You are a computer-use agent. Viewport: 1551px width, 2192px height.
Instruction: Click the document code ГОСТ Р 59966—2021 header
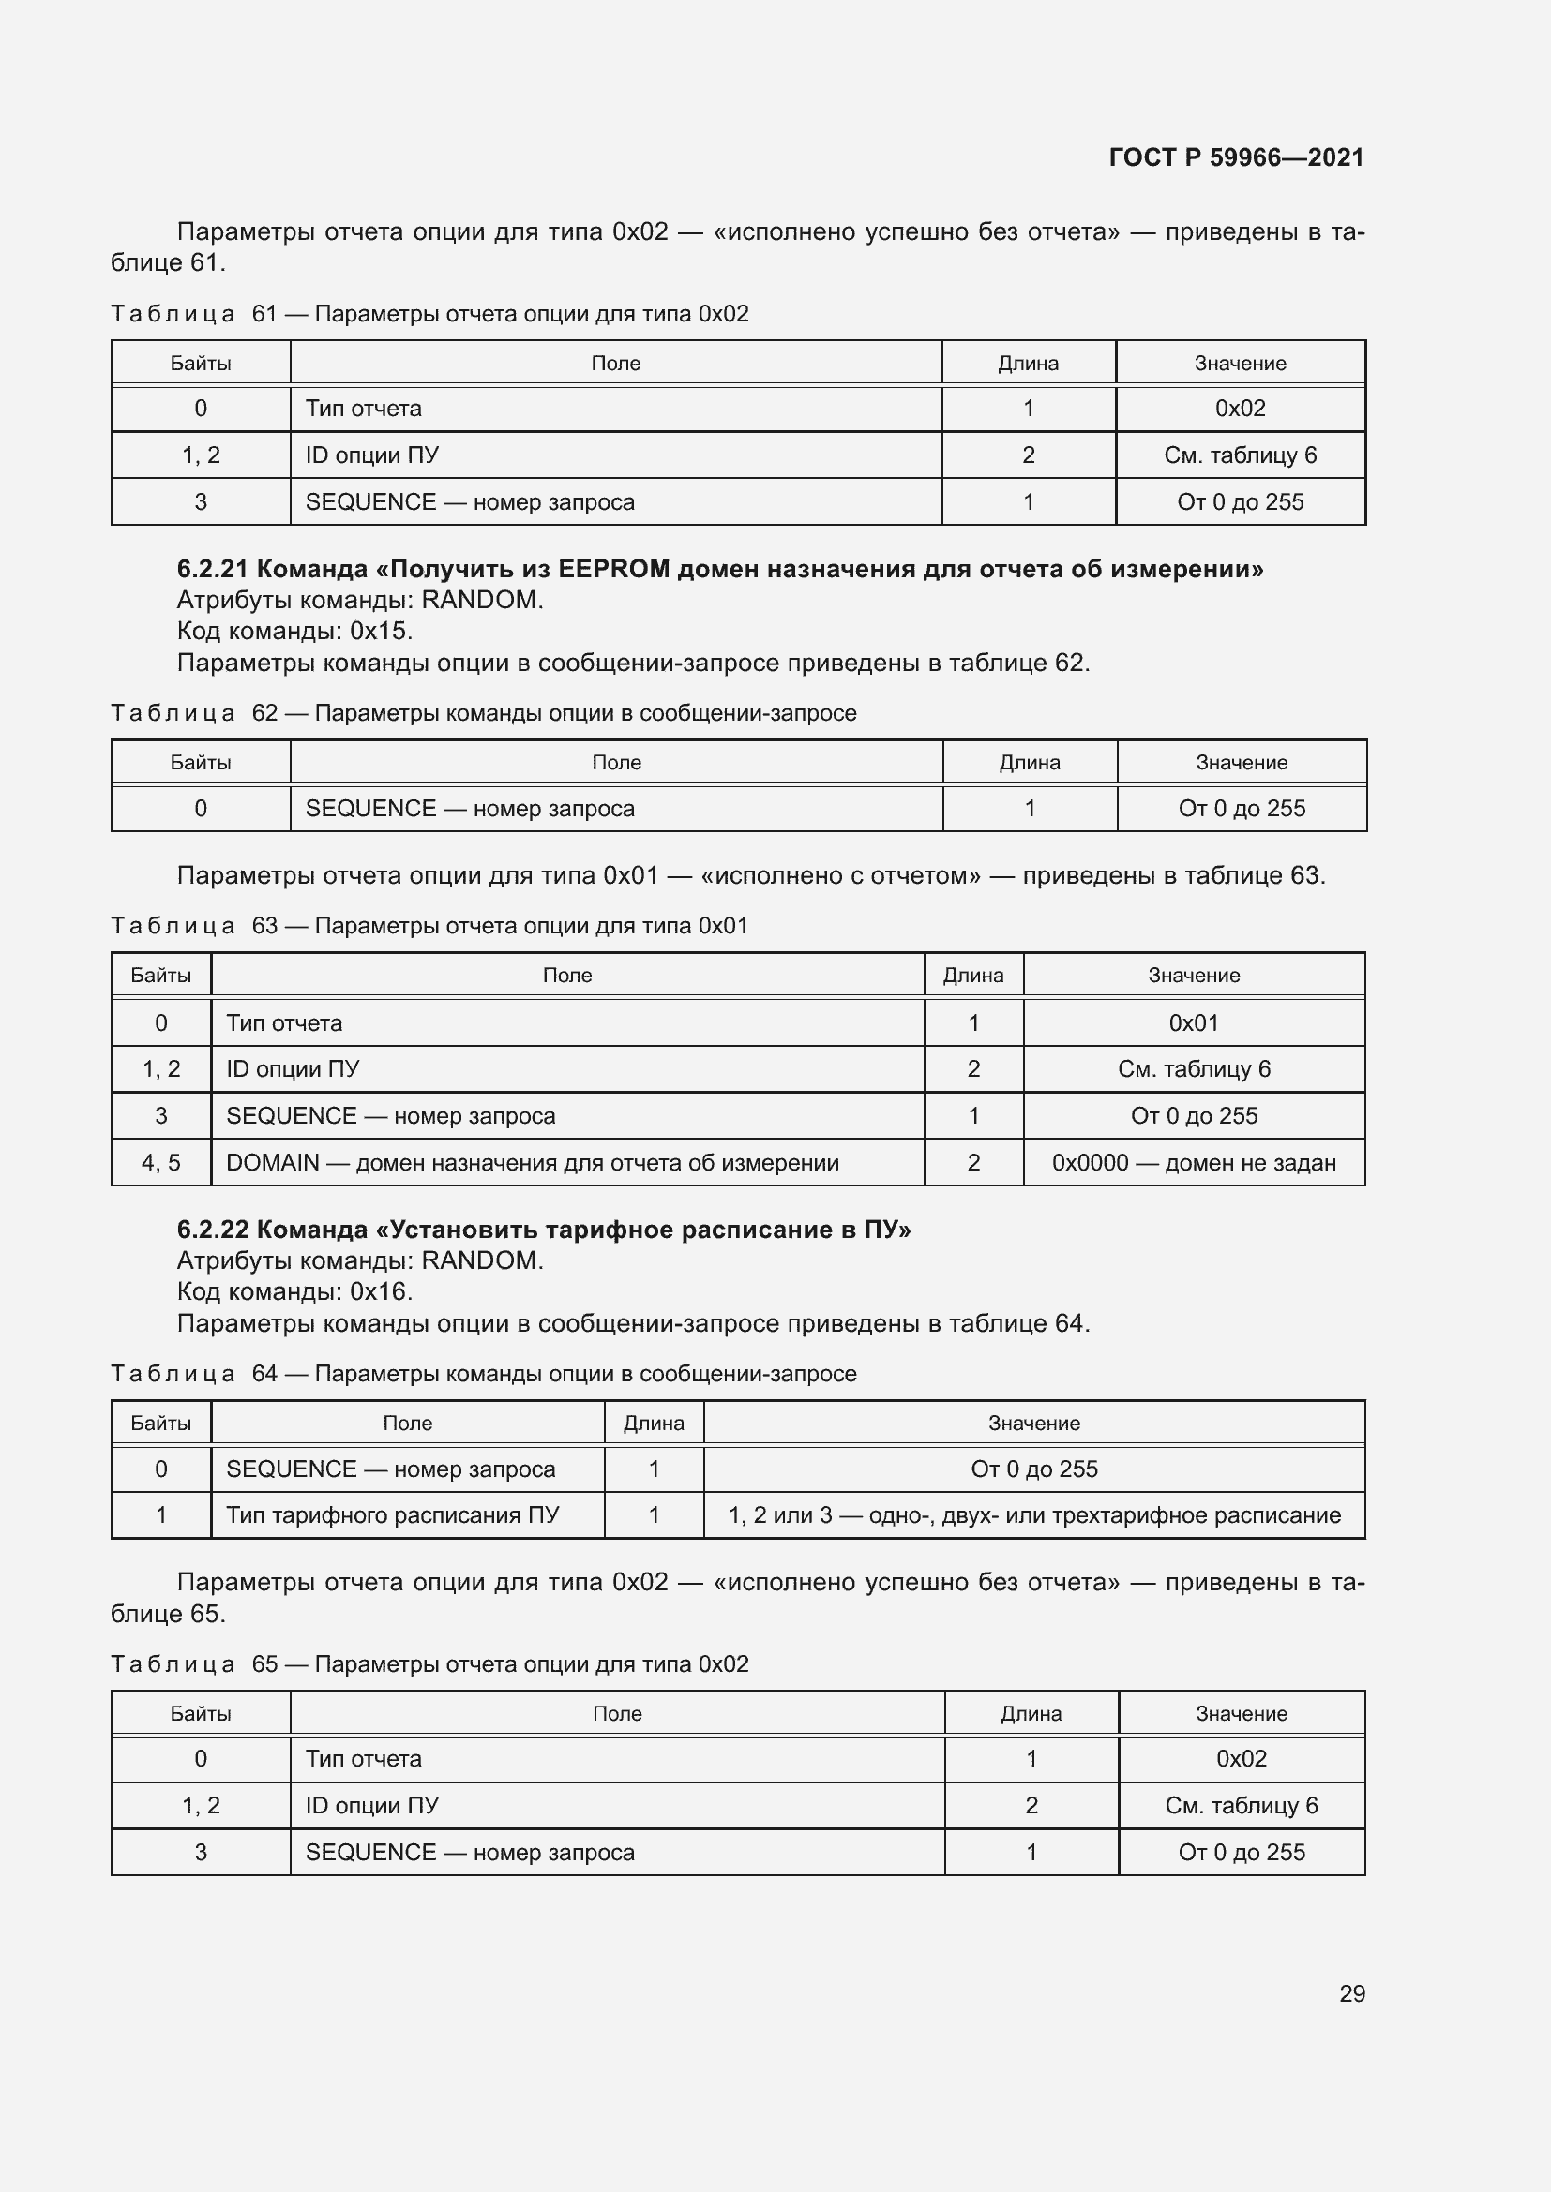pos(1236,157)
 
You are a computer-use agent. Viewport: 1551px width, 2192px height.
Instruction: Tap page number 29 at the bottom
pos(1351,1993)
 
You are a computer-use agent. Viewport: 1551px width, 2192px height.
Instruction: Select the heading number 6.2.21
pos(212,569)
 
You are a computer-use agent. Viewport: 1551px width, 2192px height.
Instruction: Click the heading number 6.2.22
pos(212,1230)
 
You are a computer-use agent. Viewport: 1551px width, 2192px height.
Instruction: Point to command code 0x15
pos(381,631)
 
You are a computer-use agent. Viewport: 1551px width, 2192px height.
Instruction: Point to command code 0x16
pos(381,1291)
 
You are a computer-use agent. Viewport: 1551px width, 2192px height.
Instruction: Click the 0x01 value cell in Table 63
pos(1194,1022)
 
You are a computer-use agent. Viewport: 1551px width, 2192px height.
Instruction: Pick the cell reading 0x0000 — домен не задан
pos(1194,1162)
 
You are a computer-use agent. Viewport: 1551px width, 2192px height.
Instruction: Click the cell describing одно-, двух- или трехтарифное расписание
pos(1034,1515)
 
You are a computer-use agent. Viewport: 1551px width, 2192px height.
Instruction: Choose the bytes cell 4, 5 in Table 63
pos(160,1162)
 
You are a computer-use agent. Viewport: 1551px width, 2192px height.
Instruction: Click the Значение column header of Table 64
pos(1034,1423)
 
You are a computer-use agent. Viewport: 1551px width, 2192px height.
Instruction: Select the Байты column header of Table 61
pos(201,363)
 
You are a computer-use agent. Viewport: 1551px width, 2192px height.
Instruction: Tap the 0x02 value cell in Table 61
pos(1240,409)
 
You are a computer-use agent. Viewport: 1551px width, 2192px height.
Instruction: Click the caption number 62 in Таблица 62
pos(264,713)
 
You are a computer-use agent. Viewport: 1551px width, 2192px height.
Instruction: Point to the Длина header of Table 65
pos(1031,1714)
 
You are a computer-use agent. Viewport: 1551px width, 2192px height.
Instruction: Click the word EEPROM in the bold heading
pos(614,569)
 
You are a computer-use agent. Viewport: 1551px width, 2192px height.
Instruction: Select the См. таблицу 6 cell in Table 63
pos(1194,1069)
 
